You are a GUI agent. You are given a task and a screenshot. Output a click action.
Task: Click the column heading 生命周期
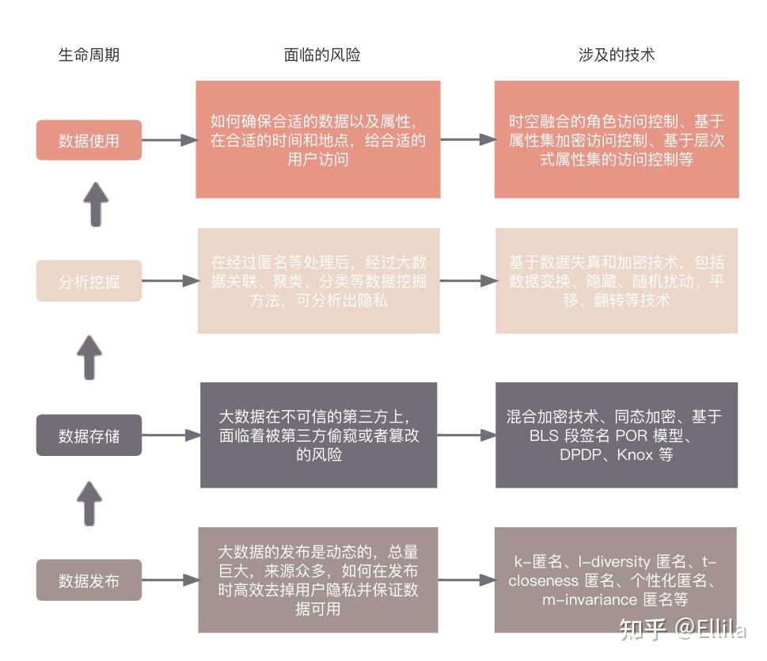click(x=89, y=55)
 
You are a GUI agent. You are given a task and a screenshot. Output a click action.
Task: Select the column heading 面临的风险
click(x=321, y=55)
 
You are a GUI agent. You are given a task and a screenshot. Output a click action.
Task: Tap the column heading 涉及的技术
click(x=616, y=55)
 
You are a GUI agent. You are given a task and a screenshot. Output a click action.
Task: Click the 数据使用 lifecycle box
click(x=89, y=140)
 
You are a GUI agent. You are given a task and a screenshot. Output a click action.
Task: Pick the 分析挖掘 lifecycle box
click(x=89, y=280)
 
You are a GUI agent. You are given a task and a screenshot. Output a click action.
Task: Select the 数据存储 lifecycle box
click(x=89, y=435)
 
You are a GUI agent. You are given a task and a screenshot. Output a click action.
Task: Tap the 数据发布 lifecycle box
click(x=89, y=580)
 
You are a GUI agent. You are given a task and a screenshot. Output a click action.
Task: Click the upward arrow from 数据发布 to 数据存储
click(x=92, y=503)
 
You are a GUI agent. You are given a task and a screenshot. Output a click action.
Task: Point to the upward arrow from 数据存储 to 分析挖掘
click(x=92, y=356)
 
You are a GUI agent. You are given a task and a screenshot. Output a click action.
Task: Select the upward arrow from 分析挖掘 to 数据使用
click(x=95, y=203)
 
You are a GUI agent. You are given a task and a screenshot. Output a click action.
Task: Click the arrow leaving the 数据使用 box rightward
click(x=169, y=140)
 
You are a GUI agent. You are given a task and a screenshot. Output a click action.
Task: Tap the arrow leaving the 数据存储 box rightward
click(x=169, y=435)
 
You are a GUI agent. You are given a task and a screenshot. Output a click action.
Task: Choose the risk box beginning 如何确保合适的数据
click(x=318, y=139)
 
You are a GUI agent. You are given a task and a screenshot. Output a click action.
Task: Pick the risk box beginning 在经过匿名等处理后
click(x=318, y=281)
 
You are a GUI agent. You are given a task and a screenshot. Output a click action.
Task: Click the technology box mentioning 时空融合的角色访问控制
click(x=617, y=139)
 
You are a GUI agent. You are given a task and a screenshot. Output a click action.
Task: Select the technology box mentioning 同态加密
click(x=617, y=435)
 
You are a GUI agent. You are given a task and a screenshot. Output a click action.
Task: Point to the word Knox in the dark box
click(x=636, y=455)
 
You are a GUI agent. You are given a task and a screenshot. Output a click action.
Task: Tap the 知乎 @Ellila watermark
click(x=682, y=629)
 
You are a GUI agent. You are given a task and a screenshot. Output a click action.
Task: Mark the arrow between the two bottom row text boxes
click(x=465, y=580)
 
